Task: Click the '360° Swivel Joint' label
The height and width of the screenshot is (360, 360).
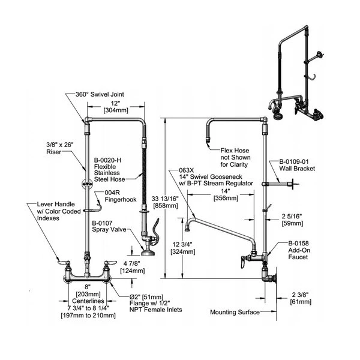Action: tap(98, 94)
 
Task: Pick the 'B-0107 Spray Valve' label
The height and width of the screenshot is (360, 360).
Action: tap(107, 227)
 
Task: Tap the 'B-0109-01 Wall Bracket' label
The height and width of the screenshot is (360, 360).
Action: tap(297, 164)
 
